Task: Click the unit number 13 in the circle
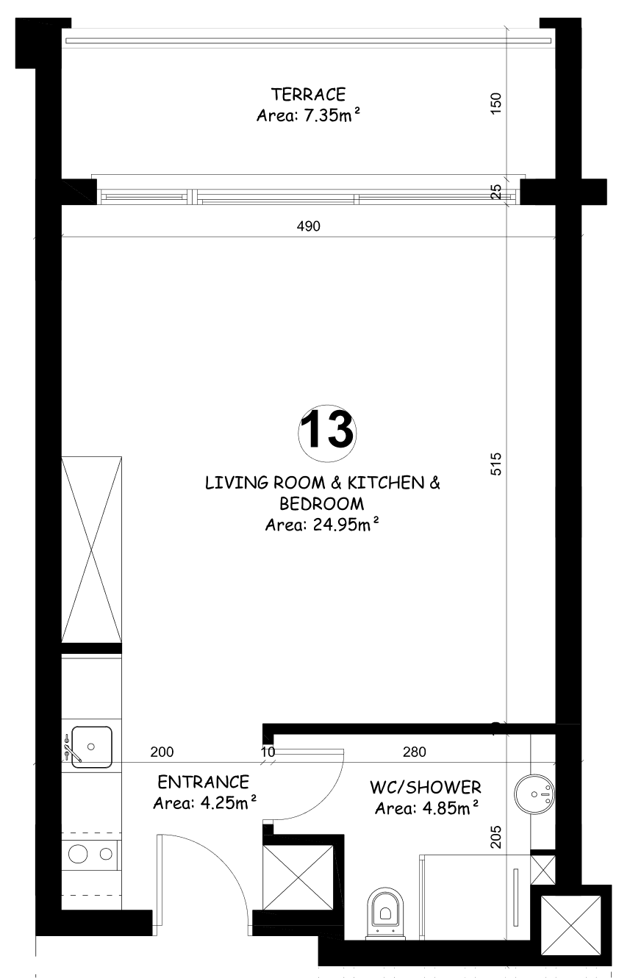[x=326, y=431]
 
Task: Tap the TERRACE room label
[x=309, y=94]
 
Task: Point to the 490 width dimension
[x=309, y=226]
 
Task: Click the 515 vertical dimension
[x=495, y=464]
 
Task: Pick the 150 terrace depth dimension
[x=495, y=104]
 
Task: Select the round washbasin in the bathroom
[x=534, y=794]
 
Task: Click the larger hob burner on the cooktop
[x=77, y=854]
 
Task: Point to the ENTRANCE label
[x=203, y=782]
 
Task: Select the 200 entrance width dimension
[x=162, y=752]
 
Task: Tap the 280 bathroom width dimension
[x=414, y=752]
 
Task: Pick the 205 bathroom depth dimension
[x=495, y=837]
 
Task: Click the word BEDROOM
[x=321, y=504]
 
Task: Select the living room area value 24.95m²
[x=346, y=525]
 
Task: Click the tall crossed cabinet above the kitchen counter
[x=92, y=550]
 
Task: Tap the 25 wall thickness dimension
[x=495, y=192]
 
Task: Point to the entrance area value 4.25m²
[x=228, y=803]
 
